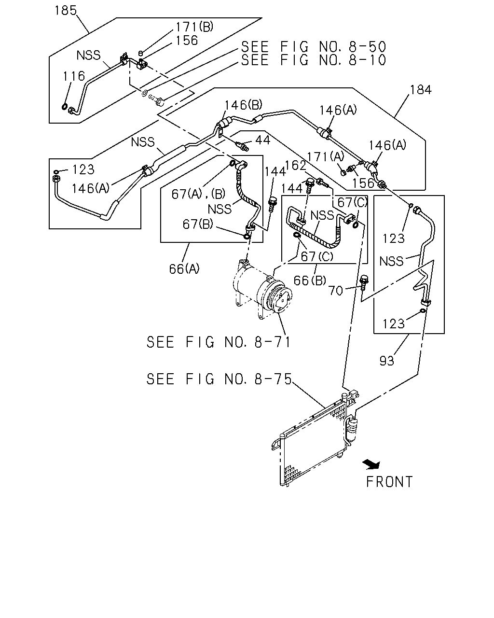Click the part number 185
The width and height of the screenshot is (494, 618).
[66, 10]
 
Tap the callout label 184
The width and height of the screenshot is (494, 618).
[421, 90]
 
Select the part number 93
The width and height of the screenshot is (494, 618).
[386, 361]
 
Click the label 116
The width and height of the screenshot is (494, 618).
[74, 76]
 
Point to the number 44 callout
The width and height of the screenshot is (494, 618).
[262, 140]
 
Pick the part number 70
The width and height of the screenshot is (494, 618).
[336, 291]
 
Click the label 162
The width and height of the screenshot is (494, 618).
[295, 166]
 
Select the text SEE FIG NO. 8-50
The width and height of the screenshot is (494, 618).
[314, 46]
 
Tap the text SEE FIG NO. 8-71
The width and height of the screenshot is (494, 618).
[219, 342]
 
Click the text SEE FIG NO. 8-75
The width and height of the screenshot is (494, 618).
[219, 379]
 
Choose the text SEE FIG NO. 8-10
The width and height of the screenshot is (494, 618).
[314, 60]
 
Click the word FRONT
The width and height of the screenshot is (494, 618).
[389, 482]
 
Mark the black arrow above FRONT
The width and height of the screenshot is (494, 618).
[372, 464]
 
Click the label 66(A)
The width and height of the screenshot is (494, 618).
[184, 269]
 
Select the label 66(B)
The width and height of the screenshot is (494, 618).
[310, 281]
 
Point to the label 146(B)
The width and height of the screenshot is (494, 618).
[244, 105]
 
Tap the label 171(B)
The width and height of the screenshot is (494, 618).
[194, 27]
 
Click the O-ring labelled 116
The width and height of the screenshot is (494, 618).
[65, 107]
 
